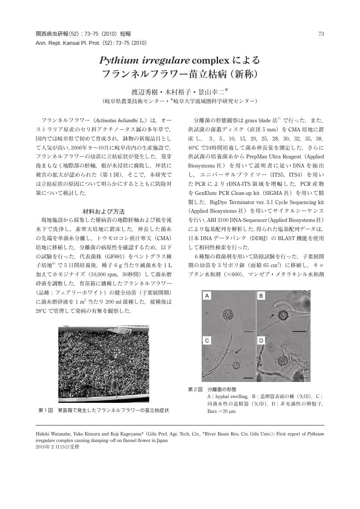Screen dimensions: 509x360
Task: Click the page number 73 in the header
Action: pos(321,34)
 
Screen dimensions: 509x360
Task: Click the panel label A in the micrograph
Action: pos(208,296)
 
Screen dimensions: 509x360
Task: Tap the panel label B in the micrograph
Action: pos(261,296)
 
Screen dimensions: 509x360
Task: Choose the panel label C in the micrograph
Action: pos(208,341)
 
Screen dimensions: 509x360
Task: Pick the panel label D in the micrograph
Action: pos(261,341)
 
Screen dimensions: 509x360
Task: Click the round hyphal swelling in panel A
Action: pos(228,314)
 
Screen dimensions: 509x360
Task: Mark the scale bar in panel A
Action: pos(248,332)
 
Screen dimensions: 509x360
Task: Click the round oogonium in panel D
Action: pos(282,361)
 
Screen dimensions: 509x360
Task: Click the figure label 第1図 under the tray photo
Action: pos(46,410)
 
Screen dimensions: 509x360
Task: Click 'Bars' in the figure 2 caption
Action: pos(212,411)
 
